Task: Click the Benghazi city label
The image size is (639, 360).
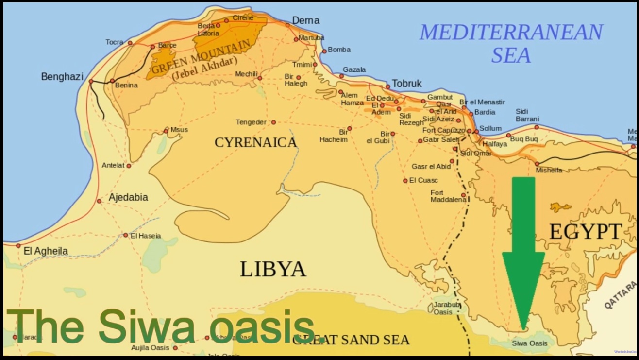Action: (x=62, y=77)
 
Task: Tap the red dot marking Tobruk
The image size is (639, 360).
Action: (x=387, y=87)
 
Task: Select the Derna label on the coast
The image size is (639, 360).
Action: (x=305, y=20)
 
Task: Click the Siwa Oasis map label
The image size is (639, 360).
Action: (x=529, y=343)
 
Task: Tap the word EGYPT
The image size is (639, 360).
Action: (x=585, y=232)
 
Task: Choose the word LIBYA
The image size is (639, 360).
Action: (x=273, y=269)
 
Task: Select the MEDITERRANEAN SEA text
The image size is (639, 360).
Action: (x=511, y=43)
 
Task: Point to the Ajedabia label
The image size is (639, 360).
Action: (x=128, y=198)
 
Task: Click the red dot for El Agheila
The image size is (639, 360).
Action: (x=18, y=246)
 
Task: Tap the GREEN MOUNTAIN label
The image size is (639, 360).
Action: (x=202, y=57)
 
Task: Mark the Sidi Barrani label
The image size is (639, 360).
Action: (x=527, y=115)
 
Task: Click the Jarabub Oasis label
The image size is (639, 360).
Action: (x=443, y=309)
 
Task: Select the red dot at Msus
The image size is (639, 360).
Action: (x=166, y=131)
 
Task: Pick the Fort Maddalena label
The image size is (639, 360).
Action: (x=448, y=196)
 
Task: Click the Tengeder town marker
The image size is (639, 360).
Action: (x=273, y=122)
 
